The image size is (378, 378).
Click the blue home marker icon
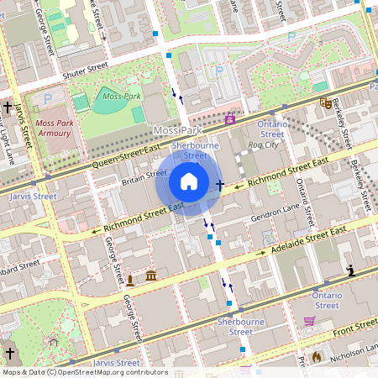[189, 181]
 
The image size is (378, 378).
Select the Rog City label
[263, 146]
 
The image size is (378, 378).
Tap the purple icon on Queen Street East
[230, 118]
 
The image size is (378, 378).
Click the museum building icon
[151, 276]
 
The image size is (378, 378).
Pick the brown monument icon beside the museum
[131, 278]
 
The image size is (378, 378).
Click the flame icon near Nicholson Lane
[316, 357]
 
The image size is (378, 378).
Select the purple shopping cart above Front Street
[309, 320]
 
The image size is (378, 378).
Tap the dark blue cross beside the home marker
[220, 185]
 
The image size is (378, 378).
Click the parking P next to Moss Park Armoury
[47, 98]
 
